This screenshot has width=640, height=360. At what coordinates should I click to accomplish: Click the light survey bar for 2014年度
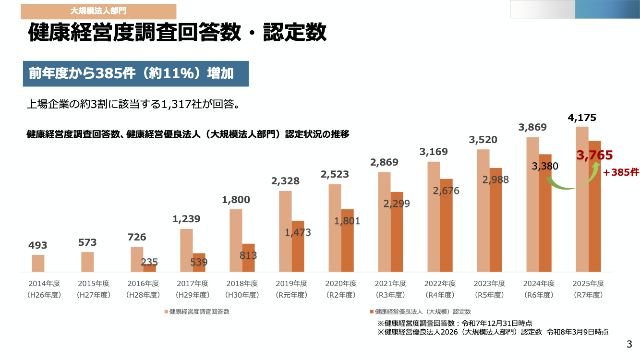point(38,263)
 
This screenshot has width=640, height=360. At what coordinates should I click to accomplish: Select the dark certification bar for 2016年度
point(149,268)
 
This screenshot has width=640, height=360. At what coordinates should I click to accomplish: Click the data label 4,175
point(582,118)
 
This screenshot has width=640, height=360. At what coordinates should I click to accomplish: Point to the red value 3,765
point(595,155)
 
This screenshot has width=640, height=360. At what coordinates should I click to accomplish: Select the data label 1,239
point(186,219)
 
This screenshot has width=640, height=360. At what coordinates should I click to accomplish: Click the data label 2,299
point(397,204)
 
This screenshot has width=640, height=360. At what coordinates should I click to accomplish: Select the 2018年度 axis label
point(241,283)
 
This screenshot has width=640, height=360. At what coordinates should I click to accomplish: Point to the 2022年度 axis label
point(439,283)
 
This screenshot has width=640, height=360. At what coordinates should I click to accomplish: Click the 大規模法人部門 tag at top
point(98,11)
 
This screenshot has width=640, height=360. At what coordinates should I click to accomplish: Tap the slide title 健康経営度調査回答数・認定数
point(178,34)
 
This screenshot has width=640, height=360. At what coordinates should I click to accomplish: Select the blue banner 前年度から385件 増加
point(135,73)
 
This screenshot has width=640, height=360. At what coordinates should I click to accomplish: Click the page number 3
point(629,344)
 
